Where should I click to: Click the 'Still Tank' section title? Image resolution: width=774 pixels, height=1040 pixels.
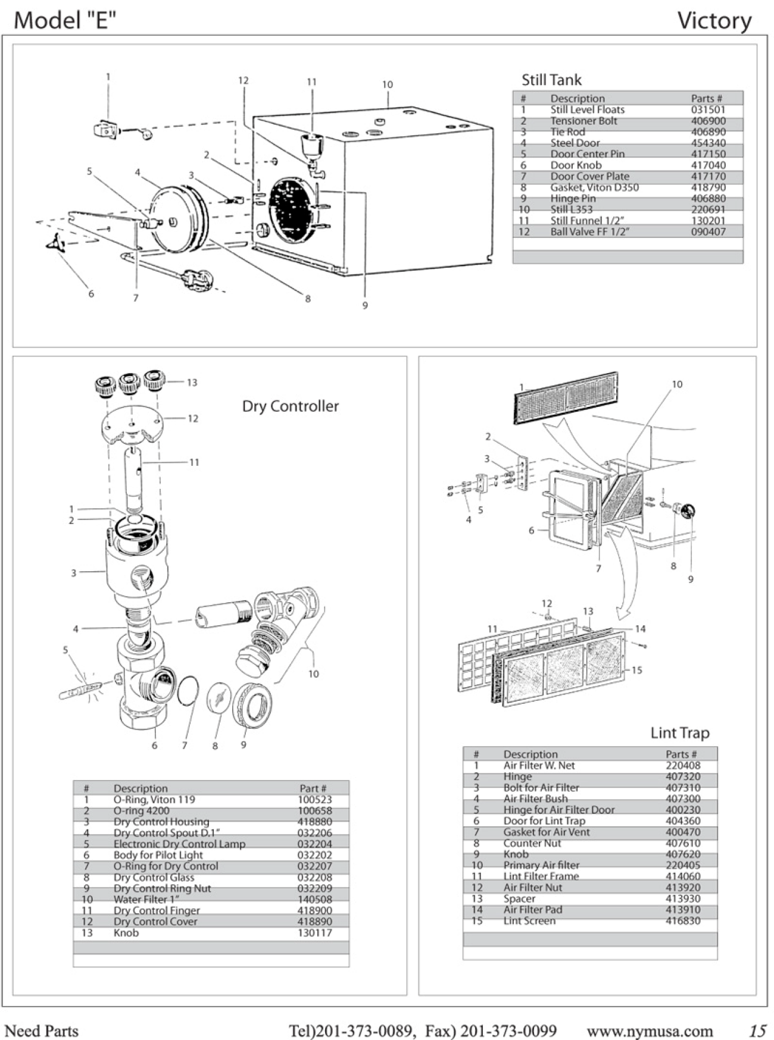(x=551, y=80)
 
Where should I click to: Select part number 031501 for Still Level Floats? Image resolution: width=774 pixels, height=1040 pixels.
(x=708, y=109)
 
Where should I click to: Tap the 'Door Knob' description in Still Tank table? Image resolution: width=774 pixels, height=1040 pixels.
(x=576, y=165)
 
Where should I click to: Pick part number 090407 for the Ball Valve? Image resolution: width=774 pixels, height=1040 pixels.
(x=708, y=232)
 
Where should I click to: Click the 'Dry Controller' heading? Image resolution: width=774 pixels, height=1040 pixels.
(x=290, y=406)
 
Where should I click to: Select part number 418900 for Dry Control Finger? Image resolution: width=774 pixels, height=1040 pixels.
(x=314, y=910)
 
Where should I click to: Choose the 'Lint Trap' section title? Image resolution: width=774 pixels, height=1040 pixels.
(x=679, y=733)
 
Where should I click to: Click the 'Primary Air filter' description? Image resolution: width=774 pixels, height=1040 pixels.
(x=541, y=865)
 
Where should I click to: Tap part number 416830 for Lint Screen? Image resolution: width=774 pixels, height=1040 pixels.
(x=683, y=921)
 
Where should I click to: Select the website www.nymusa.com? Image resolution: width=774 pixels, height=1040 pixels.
(x=650, y=1030)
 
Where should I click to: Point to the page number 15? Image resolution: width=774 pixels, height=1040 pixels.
(x=757, y=1030)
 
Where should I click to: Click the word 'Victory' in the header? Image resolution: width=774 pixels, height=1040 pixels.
(x=714, y=21)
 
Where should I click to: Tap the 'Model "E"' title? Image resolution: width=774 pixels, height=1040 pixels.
(x=64, y=21)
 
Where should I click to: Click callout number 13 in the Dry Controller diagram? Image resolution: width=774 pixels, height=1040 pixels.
(x=192, y=383)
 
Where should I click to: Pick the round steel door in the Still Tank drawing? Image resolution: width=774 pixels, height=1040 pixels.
(x=176, y=219)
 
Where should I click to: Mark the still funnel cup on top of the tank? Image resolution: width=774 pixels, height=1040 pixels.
(x=311, y=145)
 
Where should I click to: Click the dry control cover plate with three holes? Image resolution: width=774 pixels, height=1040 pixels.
(x=133, y=423)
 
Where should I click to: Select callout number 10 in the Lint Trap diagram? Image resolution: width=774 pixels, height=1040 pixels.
(x=677, y=384)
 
